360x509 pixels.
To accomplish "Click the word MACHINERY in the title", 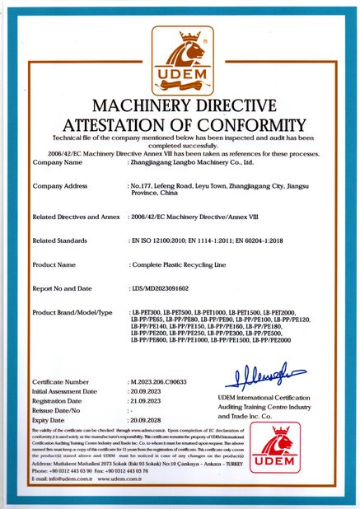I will pyautogui.click(x=133, y=107).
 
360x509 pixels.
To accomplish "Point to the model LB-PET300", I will pyautogui.click(x=147, y=314).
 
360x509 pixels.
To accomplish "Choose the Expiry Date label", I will pyautogui.click(x=50, y=419).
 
